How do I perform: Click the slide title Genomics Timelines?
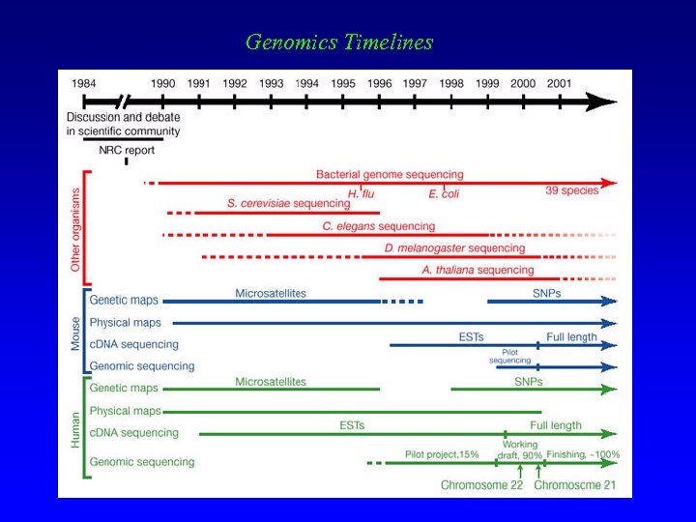point(339,43)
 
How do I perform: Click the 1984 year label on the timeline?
point(83,83)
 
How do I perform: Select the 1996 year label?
point(380,83)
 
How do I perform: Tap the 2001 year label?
point(559,83)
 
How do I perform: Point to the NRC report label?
point(127,151)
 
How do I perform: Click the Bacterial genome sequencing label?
point(390,174)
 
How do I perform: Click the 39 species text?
point(572,190)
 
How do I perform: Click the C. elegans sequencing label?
point(379,226)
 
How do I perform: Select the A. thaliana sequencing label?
point(478,270)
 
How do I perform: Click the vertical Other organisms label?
point(76,228)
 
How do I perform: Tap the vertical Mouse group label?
point(76,331)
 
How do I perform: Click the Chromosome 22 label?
point(481,484)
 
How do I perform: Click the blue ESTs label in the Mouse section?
point(471,336)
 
